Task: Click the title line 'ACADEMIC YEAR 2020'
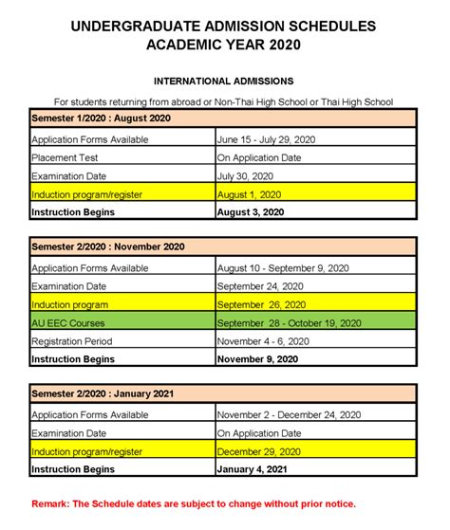(224, 44)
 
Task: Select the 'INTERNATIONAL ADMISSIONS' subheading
(223, 82)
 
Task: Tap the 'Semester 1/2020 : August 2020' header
(102, 119)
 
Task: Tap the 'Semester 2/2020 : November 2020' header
(108, 247)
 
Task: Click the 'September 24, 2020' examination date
(260, 285)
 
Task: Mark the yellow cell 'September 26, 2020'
(262, 304)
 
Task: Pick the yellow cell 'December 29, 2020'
(258, 450)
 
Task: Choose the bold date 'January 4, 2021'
(251, 468)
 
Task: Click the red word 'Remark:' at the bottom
(53, 504)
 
